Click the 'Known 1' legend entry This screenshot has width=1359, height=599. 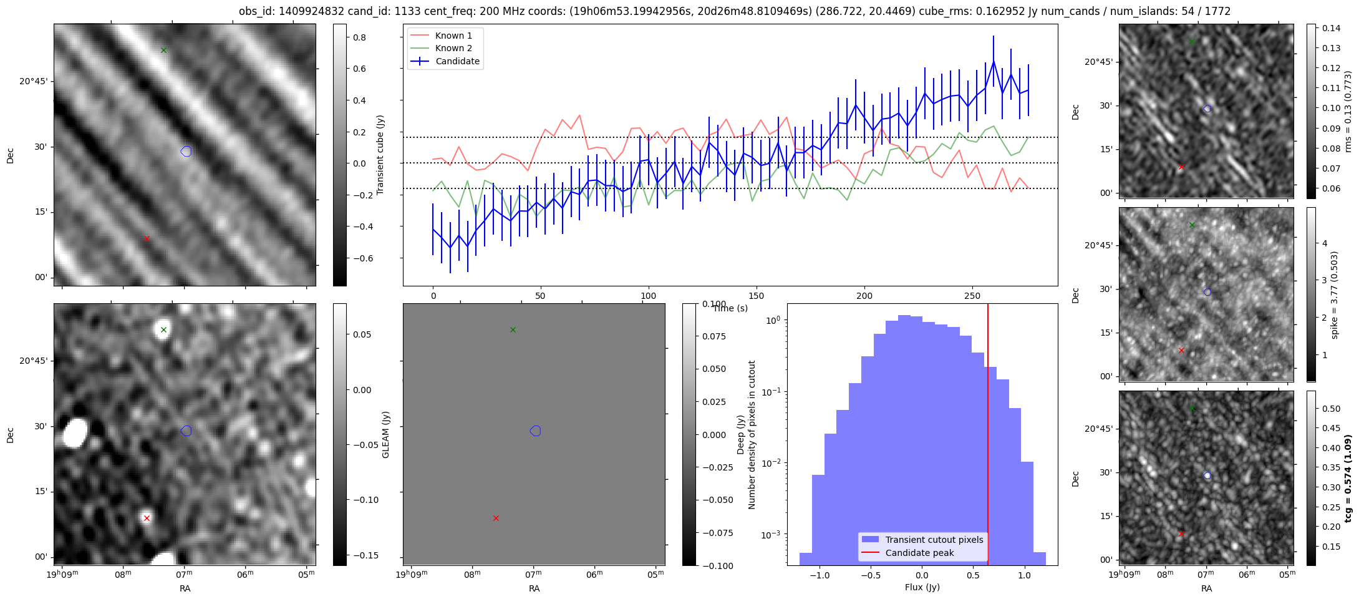[x=453, y=36]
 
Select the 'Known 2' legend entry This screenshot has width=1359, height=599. [x=453, y=48]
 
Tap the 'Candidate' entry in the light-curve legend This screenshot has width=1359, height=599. [x=457, y=61]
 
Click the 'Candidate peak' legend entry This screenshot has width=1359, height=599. [x=919, y=553]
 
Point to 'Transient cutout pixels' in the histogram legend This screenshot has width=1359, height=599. [x=934, y=540]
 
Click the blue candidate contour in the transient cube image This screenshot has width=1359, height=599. [x=186, y=151]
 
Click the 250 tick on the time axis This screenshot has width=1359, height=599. [x=972, y=296]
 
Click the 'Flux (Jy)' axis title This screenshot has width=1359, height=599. [x=922, y=587]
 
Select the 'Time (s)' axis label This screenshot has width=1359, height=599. [x=730, y=308]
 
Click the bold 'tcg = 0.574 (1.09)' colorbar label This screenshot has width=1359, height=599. [x=1348, y=479]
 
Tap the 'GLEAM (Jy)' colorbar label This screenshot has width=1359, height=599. [x=385, y=435]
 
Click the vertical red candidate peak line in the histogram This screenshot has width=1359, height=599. [x=988, y=437]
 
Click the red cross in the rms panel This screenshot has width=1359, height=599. [x=1181, y=167]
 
